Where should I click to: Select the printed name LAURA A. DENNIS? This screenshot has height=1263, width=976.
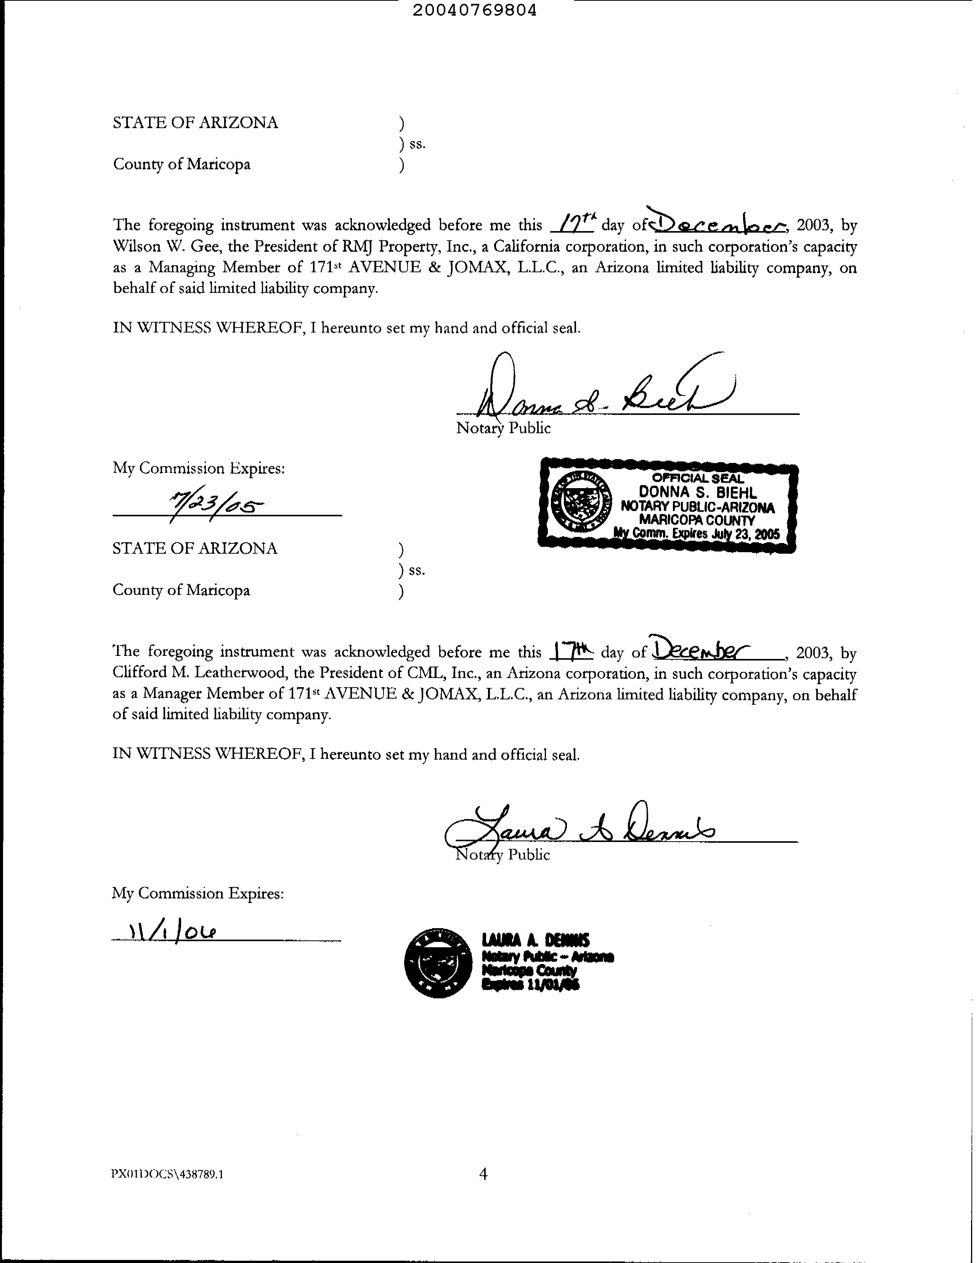tap(535, 941)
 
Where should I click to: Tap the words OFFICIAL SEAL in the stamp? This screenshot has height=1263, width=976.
tap(697, 478)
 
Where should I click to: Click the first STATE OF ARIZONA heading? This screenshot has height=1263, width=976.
tap(196, 122)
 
